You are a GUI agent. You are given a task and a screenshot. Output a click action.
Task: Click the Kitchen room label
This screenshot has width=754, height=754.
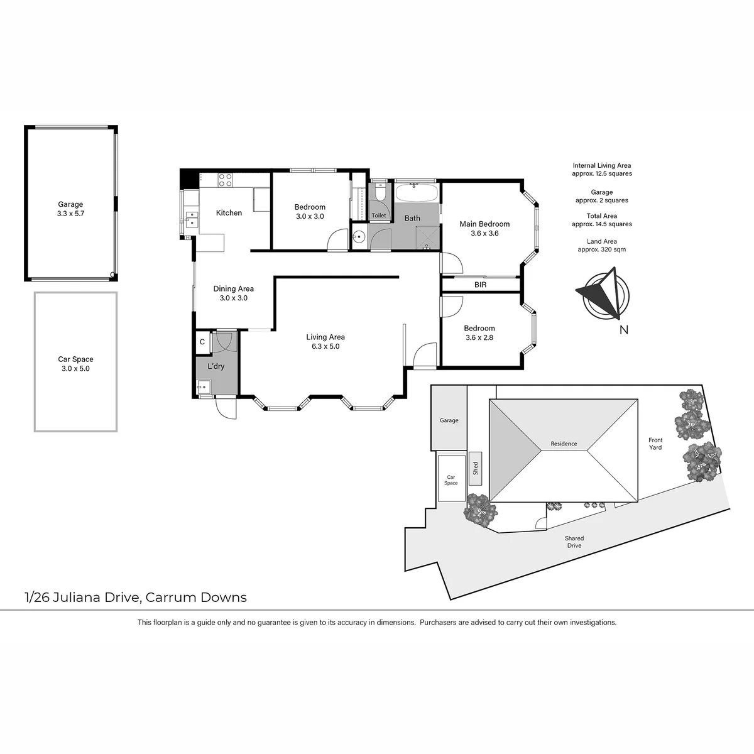[x=229, y=213]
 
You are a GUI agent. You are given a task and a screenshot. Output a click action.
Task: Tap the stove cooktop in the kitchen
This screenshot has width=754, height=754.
[x=225, y=180]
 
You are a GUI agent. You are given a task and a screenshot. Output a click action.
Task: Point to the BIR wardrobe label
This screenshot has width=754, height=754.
[x=481, y=285]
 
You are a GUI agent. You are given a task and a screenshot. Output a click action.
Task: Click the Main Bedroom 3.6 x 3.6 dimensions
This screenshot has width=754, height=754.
[x=484, y=233]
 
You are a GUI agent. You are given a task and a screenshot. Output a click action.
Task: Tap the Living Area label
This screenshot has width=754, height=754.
[x=325, y=337]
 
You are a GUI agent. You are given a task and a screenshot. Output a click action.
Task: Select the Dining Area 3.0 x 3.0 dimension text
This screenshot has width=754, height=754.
[x=234, y=298]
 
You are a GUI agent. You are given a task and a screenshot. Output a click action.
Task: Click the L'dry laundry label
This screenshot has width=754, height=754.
[x=216, y=366]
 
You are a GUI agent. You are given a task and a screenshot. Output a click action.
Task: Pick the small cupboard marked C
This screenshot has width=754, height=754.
[x=202, y=342]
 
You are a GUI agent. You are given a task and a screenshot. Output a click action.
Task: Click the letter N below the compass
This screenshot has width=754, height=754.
[x=624, y=330]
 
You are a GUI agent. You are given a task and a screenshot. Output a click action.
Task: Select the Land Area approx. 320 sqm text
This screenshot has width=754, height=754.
[x=602, y=245]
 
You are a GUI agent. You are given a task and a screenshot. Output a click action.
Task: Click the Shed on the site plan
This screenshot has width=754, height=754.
[x=476, y=468]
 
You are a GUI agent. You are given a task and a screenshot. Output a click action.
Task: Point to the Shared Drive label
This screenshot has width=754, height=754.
[x=574, y=542]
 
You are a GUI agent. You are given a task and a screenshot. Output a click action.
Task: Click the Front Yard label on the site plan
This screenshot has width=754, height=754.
[x=655, y=444]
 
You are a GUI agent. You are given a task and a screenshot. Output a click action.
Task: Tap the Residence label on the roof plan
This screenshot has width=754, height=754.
[x=564, y=444]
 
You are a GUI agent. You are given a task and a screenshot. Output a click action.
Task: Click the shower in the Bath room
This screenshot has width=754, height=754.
[x=427, y=238]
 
